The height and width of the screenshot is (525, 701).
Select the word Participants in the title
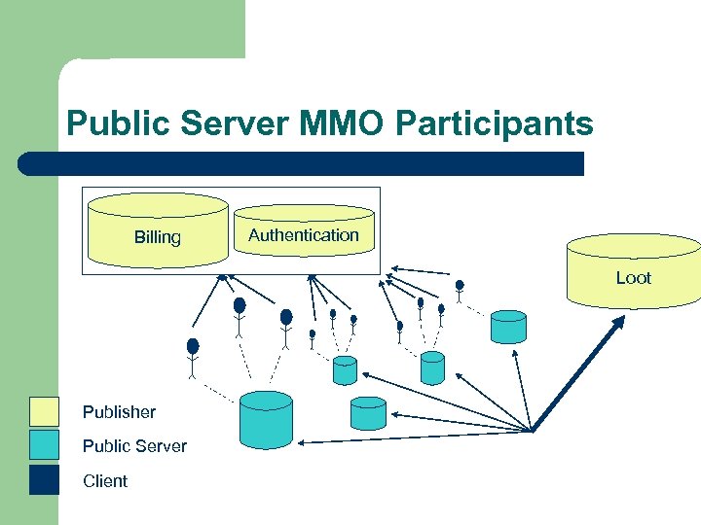[x=510, y=124]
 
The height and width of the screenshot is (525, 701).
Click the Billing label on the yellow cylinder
[x=157, y=237]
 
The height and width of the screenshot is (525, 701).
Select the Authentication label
[x=303, y=235]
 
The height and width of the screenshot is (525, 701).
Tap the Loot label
[x=633, y=278]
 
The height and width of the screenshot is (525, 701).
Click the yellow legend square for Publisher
[x=45, y=412]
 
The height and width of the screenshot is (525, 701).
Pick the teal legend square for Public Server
[x=45, y=446]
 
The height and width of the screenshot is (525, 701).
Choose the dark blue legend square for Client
[x=45, y=480]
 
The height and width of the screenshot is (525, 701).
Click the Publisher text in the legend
[x=119, y=412]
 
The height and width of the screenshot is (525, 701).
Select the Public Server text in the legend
[x=134, y=446]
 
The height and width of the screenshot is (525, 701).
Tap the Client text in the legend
[x=105, y=481]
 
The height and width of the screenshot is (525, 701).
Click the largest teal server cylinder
[x=266, y=420]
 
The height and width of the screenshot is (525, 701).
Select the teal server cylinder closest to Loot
[x=508, y=327]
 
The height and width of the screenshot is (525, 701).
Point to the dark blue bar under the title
[x=302, y=163]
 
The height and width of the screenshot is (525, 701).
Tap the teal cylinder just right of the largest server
[x=367, y=413]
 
